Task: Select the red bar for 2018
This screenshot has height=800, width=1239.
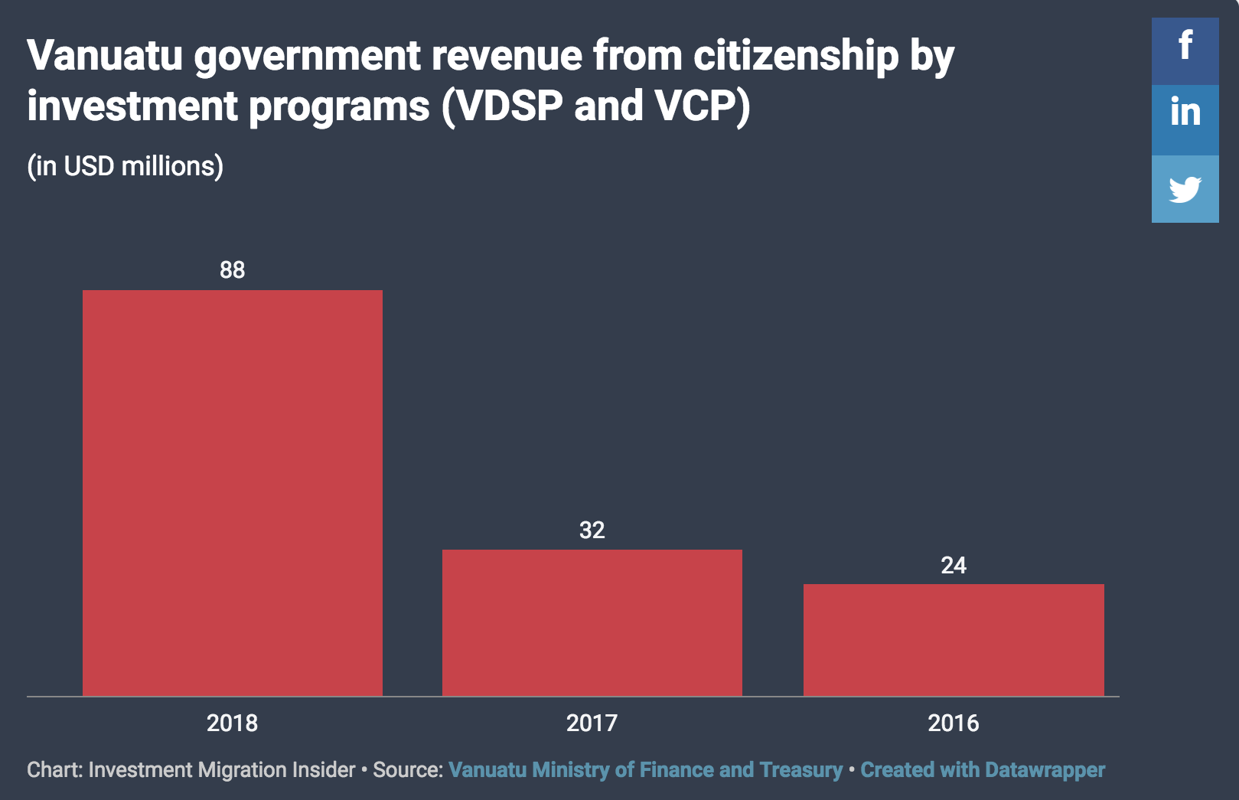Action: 232,492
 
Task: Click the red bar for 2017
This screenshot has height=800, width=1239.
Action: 592,622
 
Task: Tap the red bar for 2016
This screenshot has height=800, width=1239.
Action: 954,640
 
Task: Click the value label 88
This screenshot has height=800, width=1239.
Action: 232,269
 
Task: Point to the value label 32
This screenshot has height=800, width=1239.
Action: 592,530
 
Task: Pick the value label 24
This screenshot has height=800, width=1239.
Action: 954,565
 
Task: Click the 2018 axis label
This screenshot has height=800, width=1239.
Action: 232,723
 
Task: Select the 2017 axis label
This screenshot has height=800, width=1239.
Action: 592,723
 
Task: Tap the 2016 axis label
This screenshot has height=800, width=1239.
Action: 954,723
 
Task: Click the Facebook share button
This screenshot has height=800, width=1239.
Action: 1185,51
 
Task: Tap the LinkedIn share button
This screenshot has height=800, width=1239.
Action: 1185,119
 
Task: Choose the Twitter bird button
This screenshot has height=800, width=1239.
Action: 1185,189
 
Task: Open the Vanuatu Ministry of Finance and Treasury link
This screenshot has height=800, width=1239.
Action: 645,769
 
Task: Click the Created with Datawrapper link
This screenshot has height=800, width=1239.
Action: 983,769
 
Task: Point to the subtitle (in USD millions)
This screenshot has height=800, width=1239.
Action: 126,166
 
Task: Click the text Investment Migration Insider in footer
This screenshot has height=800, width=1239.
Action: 222,769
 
